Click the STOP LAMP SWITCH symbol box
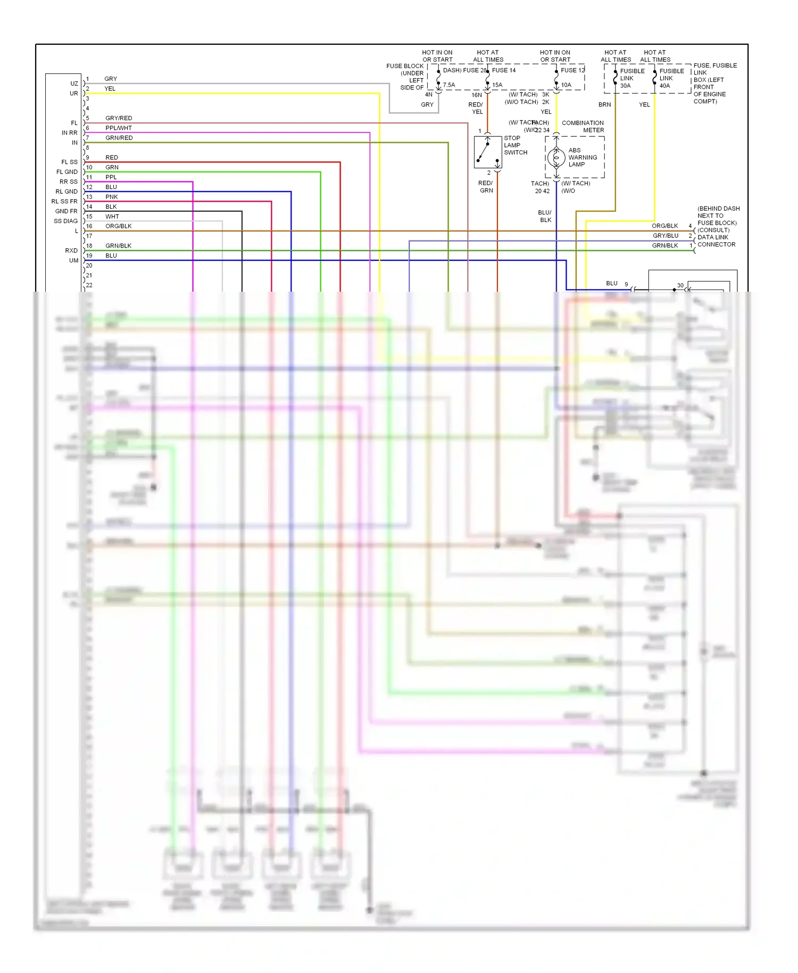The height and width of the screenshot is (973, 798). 488,152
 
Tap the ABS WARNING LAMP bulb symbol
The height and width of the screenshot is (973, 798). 556,158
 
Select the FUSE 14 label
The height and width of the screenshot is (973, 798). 503,70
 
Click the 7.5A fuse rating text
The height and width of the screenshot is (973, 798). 449,85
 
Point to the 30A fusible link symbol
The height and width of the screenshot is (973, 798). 616,78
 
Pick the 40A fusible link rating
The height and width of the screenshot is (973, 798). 665,86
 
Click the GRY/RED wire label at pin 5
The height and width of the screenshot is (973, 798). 119,118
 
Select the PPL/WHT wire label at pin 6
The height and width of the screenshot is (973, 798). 119,128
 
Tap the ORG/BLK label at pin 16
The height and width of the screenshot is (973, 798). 119,226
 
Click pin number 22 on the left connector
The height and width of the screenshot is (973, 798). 89,285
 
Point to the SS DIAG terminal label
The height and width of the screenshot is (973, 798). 65,221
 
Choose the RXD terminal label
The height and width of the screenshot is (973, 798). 71,251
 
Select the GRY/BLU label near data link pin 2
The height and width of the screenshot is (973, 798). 666,236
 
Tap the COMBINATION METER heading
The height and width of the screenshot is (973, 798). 583,127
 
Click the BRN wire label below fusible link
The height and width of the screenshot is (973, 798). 604,105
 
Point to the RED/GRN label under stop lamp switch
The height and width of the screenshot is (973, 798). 486,187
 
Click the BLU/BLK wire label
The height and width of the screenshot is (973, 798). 545,216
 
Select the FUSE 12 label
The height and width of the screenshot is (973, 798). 572,70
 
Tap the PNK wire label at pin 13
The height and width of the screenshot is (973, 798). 112,197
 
